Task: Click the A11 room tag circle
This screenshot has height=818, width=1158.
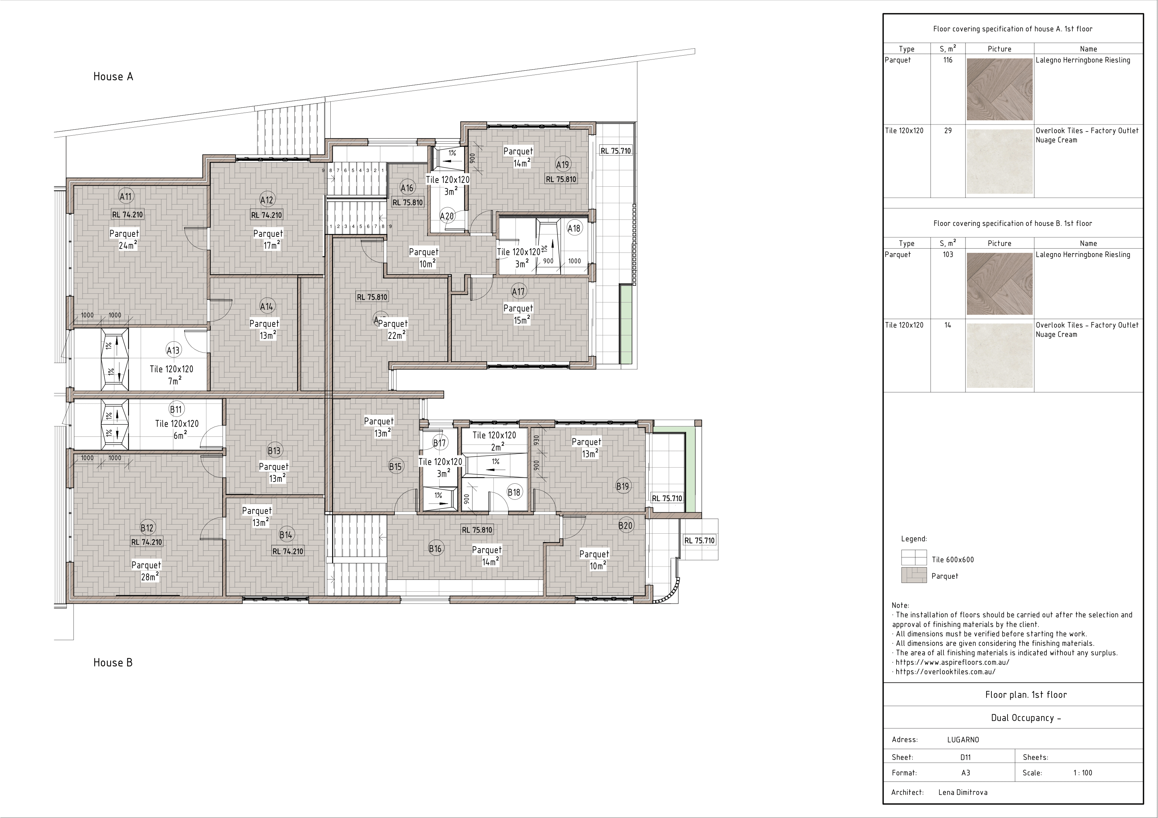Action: (126, 196)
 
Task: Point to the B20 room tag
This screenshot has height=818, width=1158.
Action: (625, 525)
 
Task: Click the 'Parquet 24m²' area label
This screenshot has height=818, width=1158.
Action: (124, 239)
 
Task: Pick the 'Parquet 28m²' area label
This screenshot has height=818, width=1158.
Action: (146, 570)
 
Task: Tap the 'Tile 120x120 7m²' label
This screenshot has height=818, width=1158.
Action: (171, 375)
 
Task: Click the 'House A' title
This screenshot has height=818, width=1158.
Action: (113, 76)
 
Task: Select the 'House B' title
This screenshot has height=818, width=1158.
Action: (113, 662)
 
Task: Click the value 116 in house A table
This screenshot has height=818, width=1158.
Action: (948, 60)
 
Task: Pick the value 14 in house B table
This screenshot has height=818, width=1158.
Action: (948, 325)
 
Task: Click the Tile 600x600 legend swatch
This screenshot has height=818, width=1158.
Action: (914, 557)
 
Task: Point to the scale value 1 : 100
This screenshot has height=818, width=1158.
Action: (1082, 773)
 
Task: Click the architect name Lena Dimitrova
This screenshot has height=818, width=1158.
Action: (963, 792)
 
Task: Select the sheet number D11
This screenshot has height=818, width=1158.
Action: (965, 757)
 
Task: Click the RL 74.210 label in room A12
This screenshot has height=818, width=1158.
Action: (267, 215)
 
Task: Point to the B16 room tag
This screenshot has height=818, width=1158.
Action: (435, 549)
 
